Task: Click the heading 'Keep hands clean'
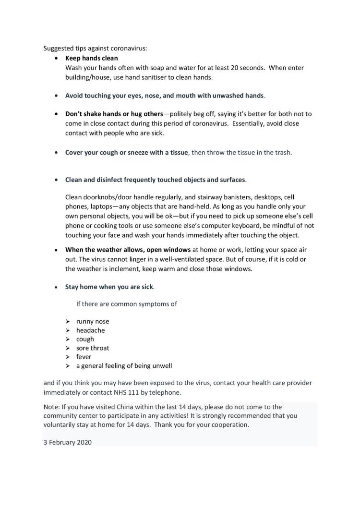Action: click(x=91, y=59)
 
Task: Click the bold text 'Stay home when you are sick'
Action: click(x=109, y=287)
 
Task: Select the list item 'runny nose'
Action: click(x=93, y=321)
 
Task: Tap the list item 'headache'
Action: click(x=90, y=330)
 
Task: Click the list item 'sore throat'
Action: click(x=93, y=348)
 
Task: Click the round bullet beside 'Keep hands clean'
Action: click(x=56, y=59)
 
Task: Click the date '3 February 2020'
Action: click(x=68, y=442)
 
